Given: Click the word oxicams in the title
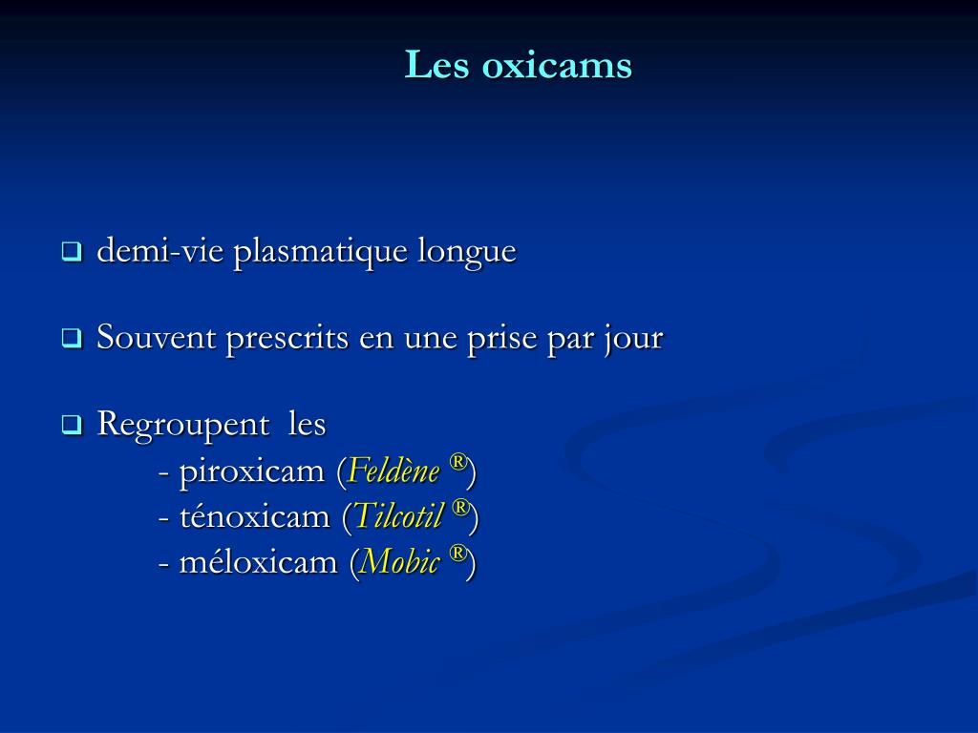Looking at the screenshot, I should coord(558,66).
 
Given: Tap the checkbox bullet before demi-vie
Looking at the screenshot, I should coord(72,253).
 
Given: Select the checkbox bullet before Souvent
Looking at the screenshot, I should coord(72,339).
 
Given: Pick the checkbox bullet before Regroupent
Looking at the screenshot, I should coord(72,425).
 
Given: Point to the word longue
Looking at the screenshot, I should coord(466,253).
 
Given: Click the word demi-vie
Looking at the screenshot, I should coord(161,252).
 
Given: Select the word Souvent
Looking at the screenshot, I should coord(158,338).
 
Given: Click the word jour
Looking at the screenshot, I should coord(632,339).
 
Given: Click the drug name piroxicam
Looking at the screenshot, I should coord(252,471).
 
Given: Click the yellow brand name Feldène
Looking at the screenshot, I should coord(394,471).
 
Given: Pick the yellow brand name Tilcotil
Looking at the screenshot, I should coord(399,516).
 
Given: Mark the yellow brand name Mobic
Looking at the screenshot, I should coord(399,562).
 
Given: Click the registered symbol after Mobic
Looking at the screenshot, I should coord(458,554).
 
